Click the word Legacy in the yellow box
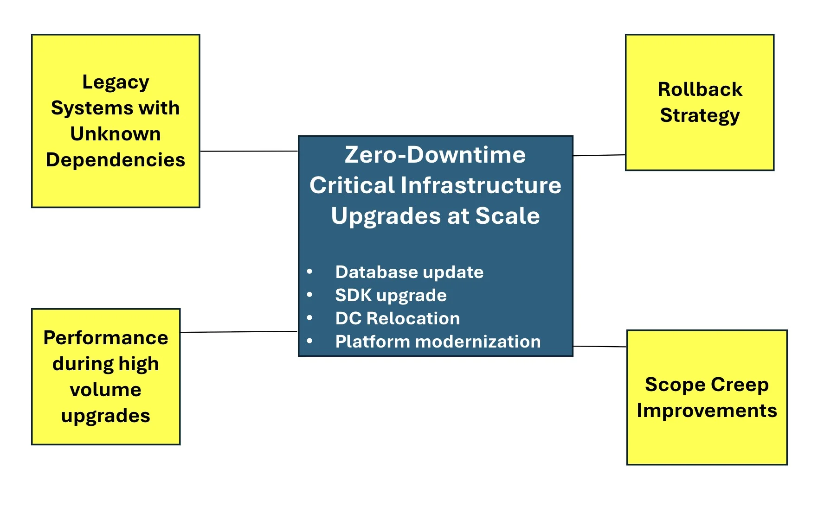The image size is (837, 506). coord(116,82)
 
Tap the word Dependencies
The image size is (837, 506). coord(116,160)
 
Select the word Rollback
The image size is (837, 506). coord(700,89)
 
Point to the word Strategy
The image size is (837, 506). coord(700,115)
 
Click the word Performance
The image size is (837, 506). coord(106,338)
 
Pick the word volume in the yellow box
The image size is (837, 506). coord(106,390)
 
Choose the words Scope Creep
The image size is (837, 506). coord(707,385)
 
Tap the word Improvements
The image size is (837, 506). coord(707,411)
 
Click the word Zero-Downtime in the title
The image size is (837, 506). coord(435,155)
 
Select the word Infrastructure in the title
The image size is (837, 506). coord(481,185)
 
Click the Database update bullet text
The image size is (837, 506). coord(409,272)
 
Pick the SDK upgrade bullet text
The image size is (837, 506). coord(391,295)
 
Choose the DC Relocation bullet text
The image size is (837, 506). coord(398,318)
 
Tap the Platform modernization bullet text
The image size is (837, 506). coord(438,342)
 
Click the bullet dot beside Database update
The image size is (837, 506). coord(309,272)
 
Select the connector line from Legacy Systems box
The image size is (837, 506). coord(249,151)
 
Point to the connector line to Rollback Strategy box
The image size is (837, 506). coord(599,155)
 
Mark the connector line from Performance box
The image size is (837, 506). coord(238,332)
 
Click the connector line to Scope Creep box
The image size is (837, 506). coord(600,346)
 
